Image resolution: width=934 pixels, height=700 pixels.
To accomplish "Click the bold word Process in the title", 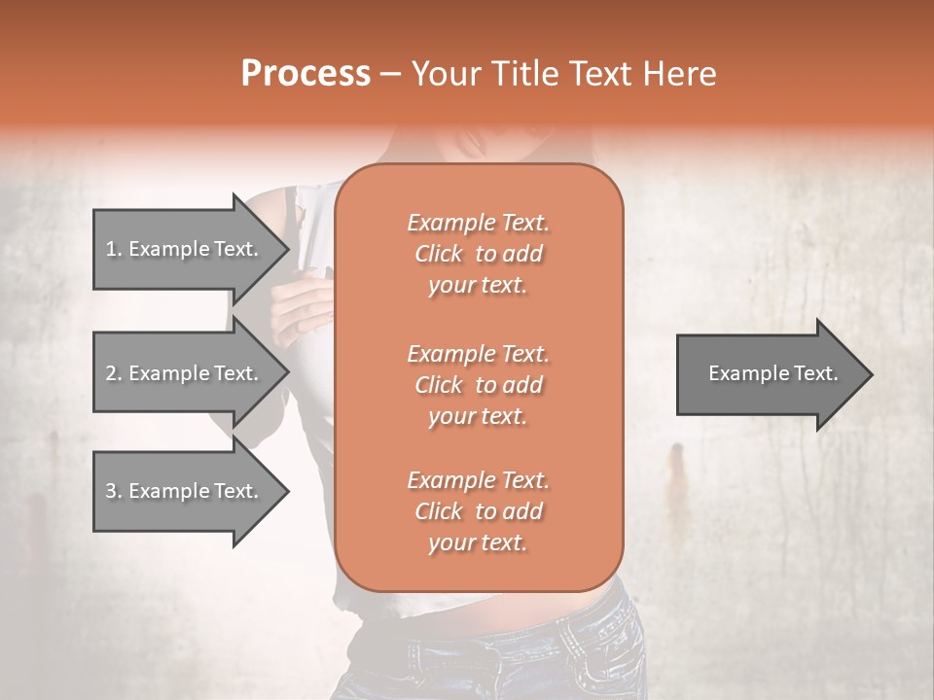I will pos(305,74).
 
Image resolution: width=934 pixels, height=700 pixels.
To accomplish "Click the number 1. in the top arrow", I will pos(113,249).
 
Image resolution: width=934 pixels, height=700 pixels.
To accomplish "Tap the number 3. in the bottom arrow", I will pos(113,491).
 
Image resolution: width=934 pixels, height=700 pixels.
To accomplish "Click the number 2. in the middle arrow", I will pos(113,373).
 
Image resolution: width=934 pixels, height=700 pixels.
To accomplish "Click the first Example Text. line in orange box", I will pos(478,223).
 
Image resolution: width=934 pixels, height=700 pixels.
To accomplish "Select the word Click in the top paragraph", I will pos(439,254).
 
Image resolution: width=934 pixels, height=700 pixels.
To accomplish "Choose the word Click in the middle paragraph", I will pos(439,385).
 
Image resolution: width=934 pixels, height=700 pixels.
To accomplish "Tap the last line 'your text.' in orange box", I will pos(478,543).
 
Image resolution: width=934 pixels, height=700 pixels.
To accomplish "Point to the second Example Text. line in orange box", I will pos(478,353).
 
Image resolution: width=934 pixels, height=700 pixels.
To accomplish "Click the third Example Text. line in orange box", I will pos(478,480).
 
